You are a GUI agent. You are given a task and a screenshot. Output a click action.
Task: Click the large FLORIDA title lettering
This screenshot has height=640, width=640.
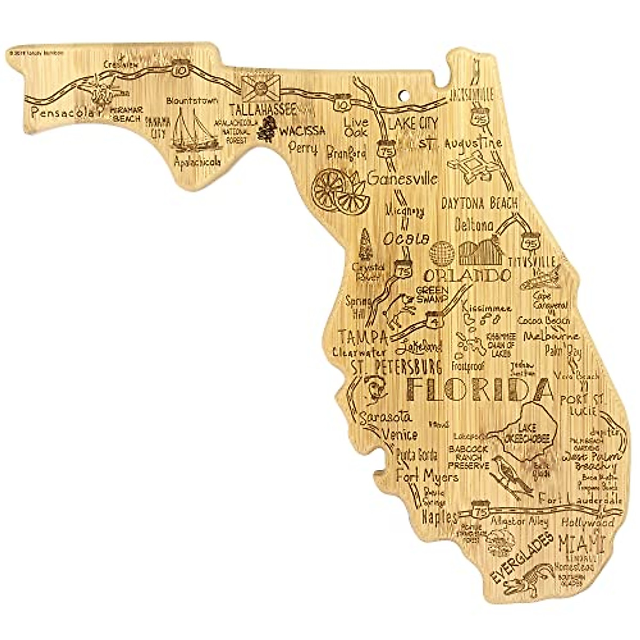(x=477, y=389)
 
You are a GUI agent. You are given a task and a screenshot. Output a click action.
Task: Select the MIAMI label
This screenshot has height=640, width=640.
(x=580, y=543)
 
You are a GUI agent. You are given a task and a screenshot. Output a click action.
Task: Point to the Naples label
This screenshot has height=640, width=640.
(x=439, y=517)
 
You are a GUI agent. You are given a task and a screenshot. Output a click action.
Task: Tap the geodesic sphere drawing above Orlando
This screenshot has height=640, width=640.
(x=444, y=254)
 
